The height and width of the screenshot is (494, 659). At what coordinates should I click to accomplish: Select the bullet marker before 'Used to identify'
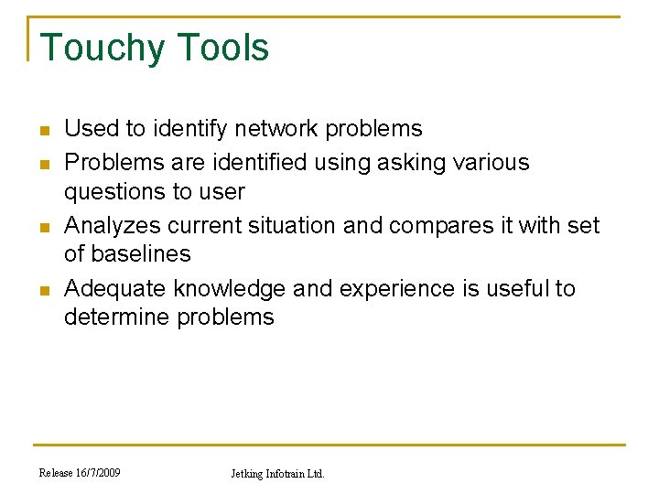[44, 130]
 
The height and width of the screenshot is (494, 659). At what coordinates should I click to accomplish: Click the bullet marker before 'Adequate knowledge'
[44, 290]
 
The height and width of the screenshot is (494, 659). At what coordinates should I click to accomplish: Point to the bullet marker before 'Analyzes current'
[44, 226]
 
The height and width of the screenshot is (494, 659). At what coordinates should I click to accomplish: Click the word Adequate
[115, 289]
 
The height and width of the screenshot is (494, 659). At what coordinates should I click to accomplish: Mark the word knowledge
[232, 289]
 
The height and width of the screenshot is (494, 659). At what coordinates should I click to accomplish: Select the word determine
[115, 317]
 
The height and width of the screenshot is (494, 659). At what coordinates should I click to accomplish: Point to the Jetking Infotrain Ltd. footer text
[277, 474]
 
